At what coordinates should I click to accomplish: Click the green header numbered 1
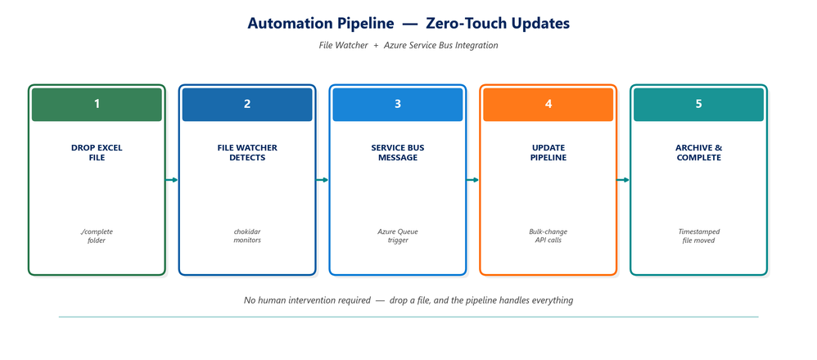[97, 104]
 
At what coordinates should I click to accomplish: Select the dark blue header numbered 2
[247, 104]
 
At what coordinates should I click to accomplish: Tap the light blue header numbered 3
[398, 104]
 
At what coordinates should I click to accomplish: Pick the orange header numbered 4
[548, 104]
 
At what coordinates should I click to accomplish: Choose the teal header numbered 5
[699, 104]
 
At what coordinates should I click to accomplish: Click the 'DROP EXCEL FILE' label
[97, 153]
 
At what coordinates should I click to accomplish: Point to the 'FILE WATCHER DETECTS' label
[247, 153]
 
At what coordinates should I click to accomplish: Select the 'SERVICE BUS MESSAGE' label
[398, 153]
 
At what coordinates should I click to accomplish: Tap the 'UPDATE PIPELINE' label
[548, 153]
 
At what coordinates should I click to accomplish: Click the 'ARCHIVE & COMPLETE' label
[699, 153]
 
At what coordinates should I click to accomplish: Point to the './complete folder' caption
[97, 236]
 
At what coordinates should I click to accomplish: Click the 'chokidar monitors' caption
[247, 236]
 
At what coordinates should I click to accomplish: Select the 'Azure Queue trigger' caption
[398, 236]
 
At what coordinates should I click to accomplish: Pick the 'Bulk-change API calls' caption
[548, 236]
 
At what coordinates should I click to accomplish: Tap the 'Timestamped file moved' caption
[699, 236]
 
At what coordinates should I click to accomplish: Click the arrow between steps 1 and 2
[171, 180]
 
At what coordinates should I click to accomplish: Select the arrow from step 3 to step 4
[472, 180]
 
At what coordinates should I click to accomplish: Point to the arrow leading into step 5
[623, 180]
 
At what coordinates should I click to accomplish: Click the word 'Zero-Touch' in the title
[461, 24]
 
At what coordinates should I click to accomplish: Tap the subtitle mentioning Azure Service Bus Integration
[408, 45]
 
